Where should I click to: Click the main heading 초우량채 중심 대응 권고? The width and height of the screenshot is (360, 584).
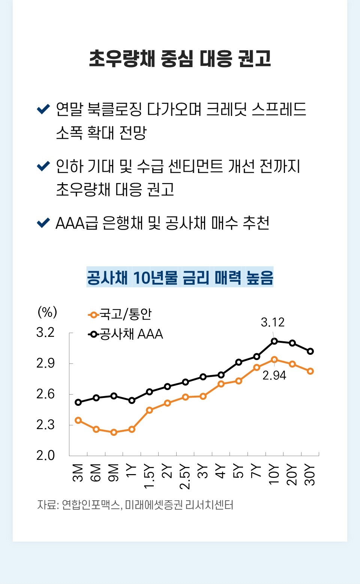[180, 59]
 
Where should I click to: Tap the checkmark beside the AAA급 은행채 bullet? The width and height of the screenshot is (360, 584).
[43, 223]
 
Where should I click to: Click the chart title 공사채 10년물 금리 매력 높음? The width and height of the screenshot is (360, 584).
[180, 278]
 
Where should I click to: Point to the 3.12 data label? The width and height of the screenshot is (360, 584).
[273, 322]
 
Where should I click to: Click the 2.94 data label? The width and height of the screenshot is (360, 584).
[274, 375]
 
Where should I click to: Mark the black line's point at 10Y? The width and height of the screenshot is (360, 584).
[274, 341]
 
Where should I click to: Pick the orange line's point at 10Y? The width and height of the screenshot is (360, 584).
[274, 359]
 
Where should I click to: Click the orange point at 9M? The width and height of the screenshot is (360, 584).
[114, 432]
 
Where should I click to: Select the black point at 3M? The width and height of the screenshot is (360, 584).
[78, 402]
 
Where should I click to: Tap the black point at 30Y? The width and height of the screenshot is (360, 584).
[310, 351]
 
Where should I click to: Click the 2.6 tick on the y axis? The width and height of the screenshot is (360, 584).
[45, 394]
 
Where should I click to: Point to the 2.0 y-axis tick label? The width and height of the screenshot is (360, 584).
[45, 455]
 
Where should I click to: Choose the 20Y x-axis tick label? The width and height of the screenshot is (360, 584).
[292, 474]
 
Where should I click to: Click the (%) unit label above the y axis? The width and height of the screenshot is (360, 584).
[47, 312]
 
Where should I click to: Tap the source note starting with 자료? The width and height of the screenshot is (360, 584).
[135, 505]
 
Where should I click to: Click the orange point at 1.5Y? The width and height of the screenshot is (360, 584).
[150, 410]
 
